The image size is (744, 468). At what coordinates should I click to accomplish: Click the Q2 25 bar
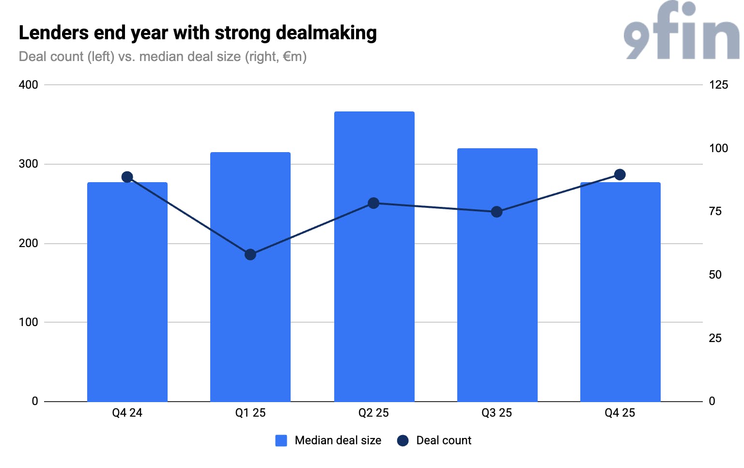pyautogui.click(x=374, y=256)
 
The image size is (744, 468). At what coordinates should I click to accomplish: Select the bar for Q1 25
pyautogui.click(x=250, y=277)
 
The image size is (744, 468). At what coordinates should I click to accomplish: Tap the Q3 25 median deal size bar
pyautogui.click(x=497, y=275)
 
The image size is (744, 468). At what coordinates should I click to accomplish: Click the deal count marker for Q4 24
pyautogui.click(x=127, y=177)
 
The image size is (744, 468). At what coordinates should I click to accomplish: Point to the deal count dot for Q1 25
pyautogui.click(x=250, y=255)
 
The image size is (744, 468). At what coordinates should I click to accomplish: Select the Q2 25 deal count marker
pyautogui.click(x=373, y=203)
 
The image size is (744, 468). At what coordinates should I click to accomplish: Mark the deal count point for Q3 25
pyautogui.click(x=496, y=212)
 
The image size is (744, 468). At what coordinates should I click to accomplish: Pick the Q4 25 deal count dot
pyautogui.click(x=620, y=175)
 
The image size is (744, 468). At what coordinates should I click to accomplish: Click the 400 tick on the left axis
pyautogui.click(x=28, y=85)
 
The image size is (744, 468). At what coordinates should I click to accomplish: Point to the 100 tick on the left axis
pyautogui.click(x=28, y=322)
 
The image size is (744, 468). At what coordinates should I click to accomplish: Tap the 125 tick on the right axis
pyautogui.click(x=718, y=85)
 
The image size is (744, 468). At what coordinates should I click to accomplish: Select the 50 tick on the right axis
pyautogui.click(x=715, y=275)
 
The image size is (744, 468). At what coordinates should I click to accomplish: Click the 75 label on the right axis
pyautogui.click(x=715, y=211)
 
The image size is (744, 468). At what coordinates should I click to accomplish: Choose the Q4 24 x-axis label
pyautogui.click(x=127, y=413)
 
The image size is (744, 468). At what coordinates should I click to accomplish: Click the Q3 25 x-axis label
pyautogui.click(x=496, y=413)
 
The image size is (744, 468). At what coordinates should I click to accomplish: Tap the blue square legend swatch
pyautogui.click(x=281, y=440)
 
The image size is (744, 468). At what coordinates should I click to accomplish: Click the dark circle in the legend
pyautogui.click(x=403, y=440)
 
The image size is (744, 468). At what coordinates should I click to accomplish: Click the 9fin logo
pyautogui.click(x=682, y=31)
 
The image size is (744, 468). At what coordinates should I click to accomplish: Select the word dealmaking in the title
pyautogui.click(x=326, y=33)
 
